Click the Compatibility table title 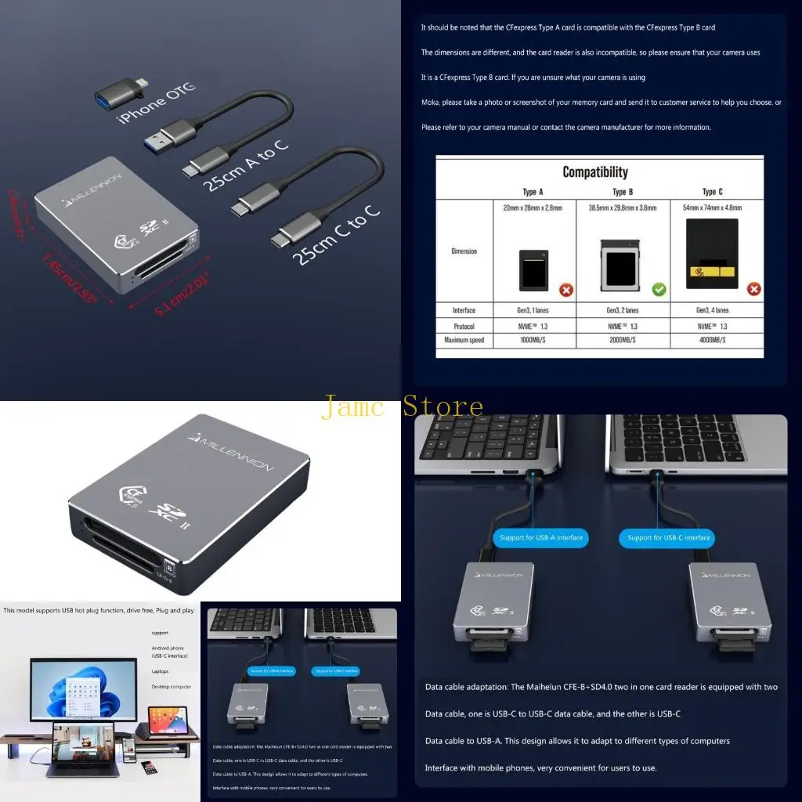595,172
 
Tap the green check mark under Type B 659,290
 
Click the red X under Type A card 566,290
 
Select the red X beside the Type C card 754,289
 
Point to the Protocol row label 464,326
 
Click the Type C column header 713,192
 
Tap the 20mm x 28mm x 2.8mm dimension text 534,208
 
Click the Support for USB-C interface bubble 669,538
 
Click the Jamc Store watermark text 402,406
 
